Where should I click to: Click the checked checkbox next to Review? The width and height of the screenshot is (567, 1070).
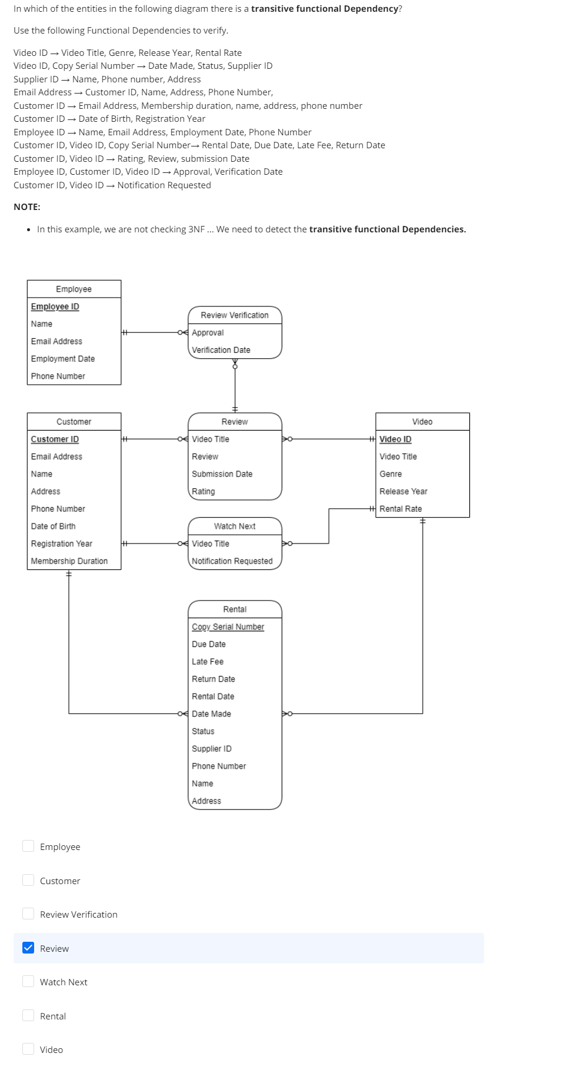[x=28, y=948]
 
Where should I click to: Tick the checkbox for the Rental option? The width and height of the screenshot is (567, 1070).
[x=28, y=1015]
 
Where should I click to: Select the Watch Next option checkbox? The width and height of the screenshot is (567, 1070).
[x=28, y=981]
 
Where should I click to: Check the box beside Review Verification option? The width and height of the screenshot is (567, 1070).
[x=28, y=914]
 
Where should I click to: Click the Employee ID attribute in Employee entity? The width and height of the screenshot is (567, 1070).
[x=55, y=306]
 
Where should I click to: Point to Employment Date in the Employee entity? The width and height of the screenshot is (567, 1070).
[x=62, y=359]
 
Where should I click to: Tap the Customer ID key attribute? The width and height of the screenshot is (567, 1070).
[x=55, y=439]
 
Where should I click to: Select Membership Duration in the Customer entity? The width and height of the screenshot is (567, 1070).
[x=69, y=561]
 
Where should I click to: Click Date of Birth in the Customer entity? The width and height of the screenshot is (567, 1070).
[x=53, y=526]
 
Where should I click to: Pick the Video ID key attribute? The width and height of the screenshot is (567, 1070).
[x=395, y=439]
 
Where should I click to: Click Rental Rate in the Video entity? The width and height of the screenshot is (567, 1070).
[x=401, y=509]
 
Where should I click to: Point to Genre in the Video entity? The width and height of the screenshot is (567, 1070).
[x=391, y=474]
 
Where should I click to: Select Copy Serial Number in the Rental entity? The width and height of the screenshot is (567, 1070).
[x=228, y=627]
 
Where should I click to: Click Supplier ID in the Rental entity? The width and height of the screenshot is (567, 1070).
[x=211, y=749]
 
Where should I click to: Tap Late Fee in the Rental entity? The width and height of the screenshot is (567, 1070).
[x=207, y=662]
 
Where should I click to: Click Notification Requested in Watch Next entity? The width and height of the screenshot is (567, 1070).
[x=232, y=561]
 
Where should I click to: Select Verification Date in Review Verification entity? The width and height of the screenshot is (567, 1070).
[x=221, y=350]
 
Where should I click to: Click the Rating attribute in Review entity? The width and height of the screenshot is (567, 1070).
[x=203, y=492]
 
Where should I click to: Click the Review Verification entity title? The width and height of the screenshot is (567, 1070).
[x=234, y=315]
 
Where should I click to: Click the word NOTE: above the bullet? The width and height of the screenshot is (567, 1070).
[x=27, y=207]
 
